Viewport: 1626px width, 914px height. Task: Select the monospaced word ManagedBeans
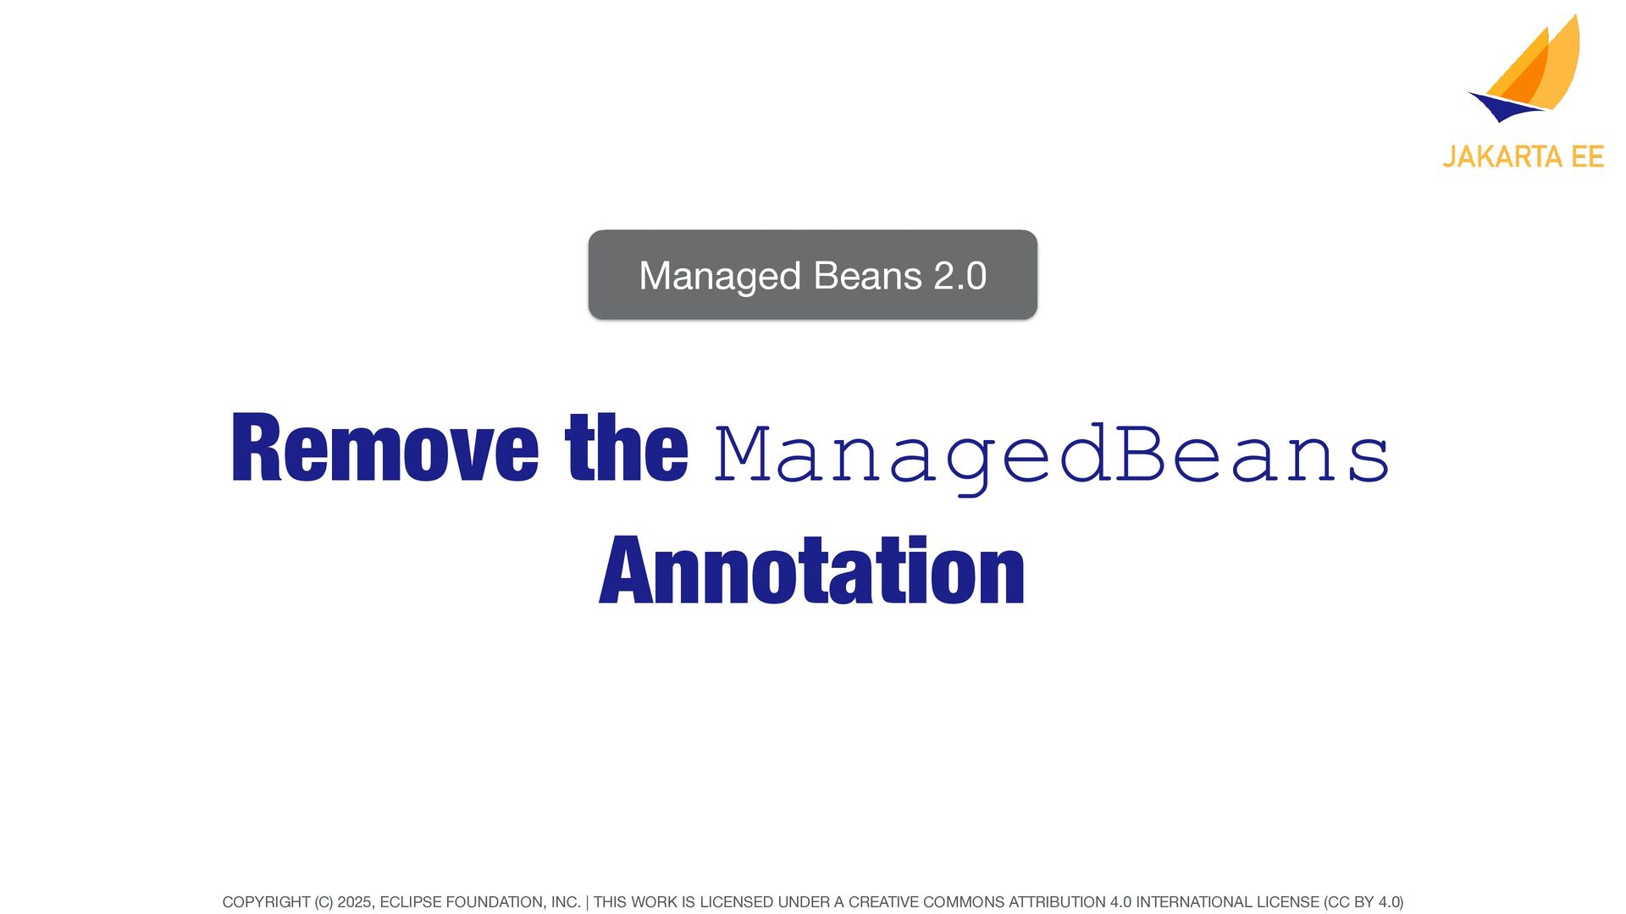click(x=1052, y=457)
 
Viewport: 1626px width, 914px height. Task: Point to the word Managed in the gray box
click(x=720, y=277)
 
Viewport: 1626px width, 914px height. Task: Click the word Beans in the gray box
click(x=867, y=276)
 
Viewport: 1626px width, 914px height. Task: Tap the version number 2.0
click(x=960, y=276)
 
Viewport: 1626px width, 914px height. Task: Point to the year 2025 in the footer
click(x=354, y=902)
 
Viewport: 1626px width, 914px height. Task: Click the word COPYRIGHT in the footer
click(x=266, y=902)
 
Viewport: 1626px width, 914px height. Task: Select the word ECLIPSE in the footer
click(x=412, y=902)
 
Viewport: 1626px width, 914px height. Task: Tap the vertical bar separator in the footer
click(x=587, y=902)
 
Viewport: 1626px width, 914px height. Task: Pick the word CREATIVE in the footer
click(x=883, y=902)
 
